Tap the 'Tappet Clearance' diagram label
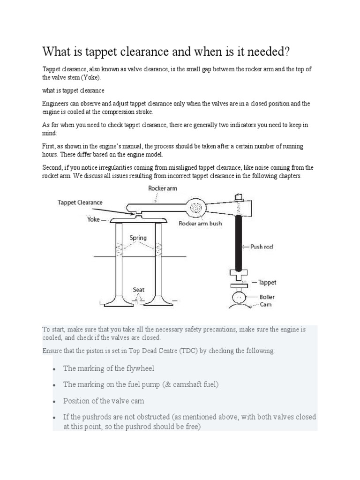(x=80, y=202)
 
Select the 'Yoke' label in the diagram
(x=93, y=219)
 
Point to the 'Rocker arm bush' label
(x=200, y=224)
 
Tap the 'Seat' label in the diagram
(x=138, y=290)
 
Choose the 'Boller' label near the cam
(x=268, y=296)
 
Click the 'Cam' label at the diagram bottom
(x=266, y=304)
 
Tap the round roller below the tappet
(x=239, y=298)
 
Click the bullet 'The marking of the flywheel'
(x=109, y=368)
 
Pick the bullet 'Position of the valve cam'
(x=104, y=401)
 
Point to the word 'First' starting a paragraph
(x=49, y=146)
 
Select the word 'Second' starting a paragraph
(x=52, y=167)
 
